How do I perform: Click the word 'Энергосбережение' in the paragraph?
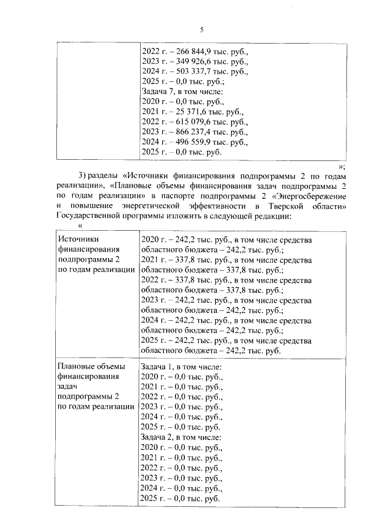click(309, 195)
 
